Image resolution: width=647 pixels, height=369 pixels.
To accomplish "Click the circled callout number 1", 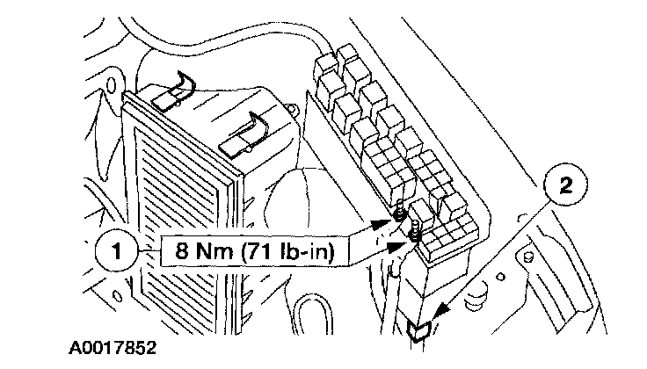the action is pyautogui.click(x=116, y=251).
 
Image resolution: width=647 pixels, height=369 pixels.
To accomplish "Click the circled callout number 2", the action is pyautogui.click(x=566, y=185).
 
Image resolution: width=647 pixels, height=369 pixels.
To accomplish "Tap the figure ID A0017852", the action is pyautogui.click(x=113, y=347).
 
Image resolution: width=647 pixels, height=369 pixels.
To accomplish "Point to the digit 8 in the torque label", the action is pyautogui.click(x=182, y=250).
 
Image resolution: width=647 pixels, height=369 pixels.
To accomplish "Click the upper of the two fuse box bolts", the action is pyautogui.click(x=399, y=210).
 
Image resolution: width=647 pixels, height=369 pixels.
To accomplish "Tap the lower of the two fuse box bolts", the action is pyautogui.click(x=415, y=231).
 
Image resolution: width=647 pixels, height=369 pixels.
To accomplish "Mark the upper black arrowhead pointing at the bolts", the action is pyautogui.click(x=381, y=224).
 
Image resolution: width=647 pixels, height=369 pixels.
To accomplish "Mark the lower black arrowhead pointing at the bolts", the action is pyautogui.click(x=396, y=247).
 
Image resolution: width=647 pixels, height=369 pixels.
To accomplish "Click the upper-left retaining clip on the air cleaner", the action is pyautogui.click(x=173, y=91).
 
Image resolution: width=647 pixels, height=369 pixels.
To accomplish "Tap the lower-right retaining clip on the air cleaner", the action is pyautogui.click(x=244, y=135).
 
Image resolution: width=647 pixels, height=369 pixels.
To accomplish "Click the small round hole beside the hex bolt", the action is pyautogui.click(x=500, y=276).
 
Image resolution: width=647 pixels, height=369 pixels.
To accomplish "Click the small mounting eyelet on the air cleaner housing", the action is pyautogui.click(x=293, y=108).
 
